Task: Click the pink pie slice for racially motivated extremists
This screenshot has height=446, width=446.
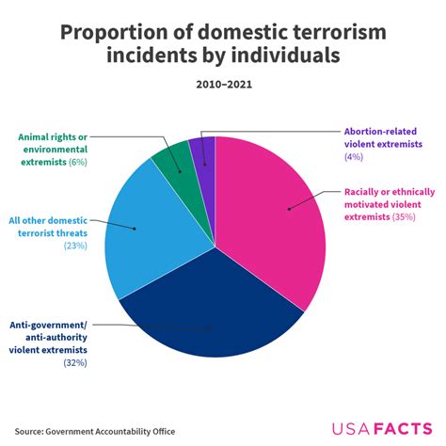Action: [278, 216]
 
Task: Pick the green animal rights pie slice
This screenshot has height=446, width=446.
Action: [173, 160]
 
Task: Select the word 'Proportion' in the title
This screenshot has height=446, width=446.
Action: [109, 34]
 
